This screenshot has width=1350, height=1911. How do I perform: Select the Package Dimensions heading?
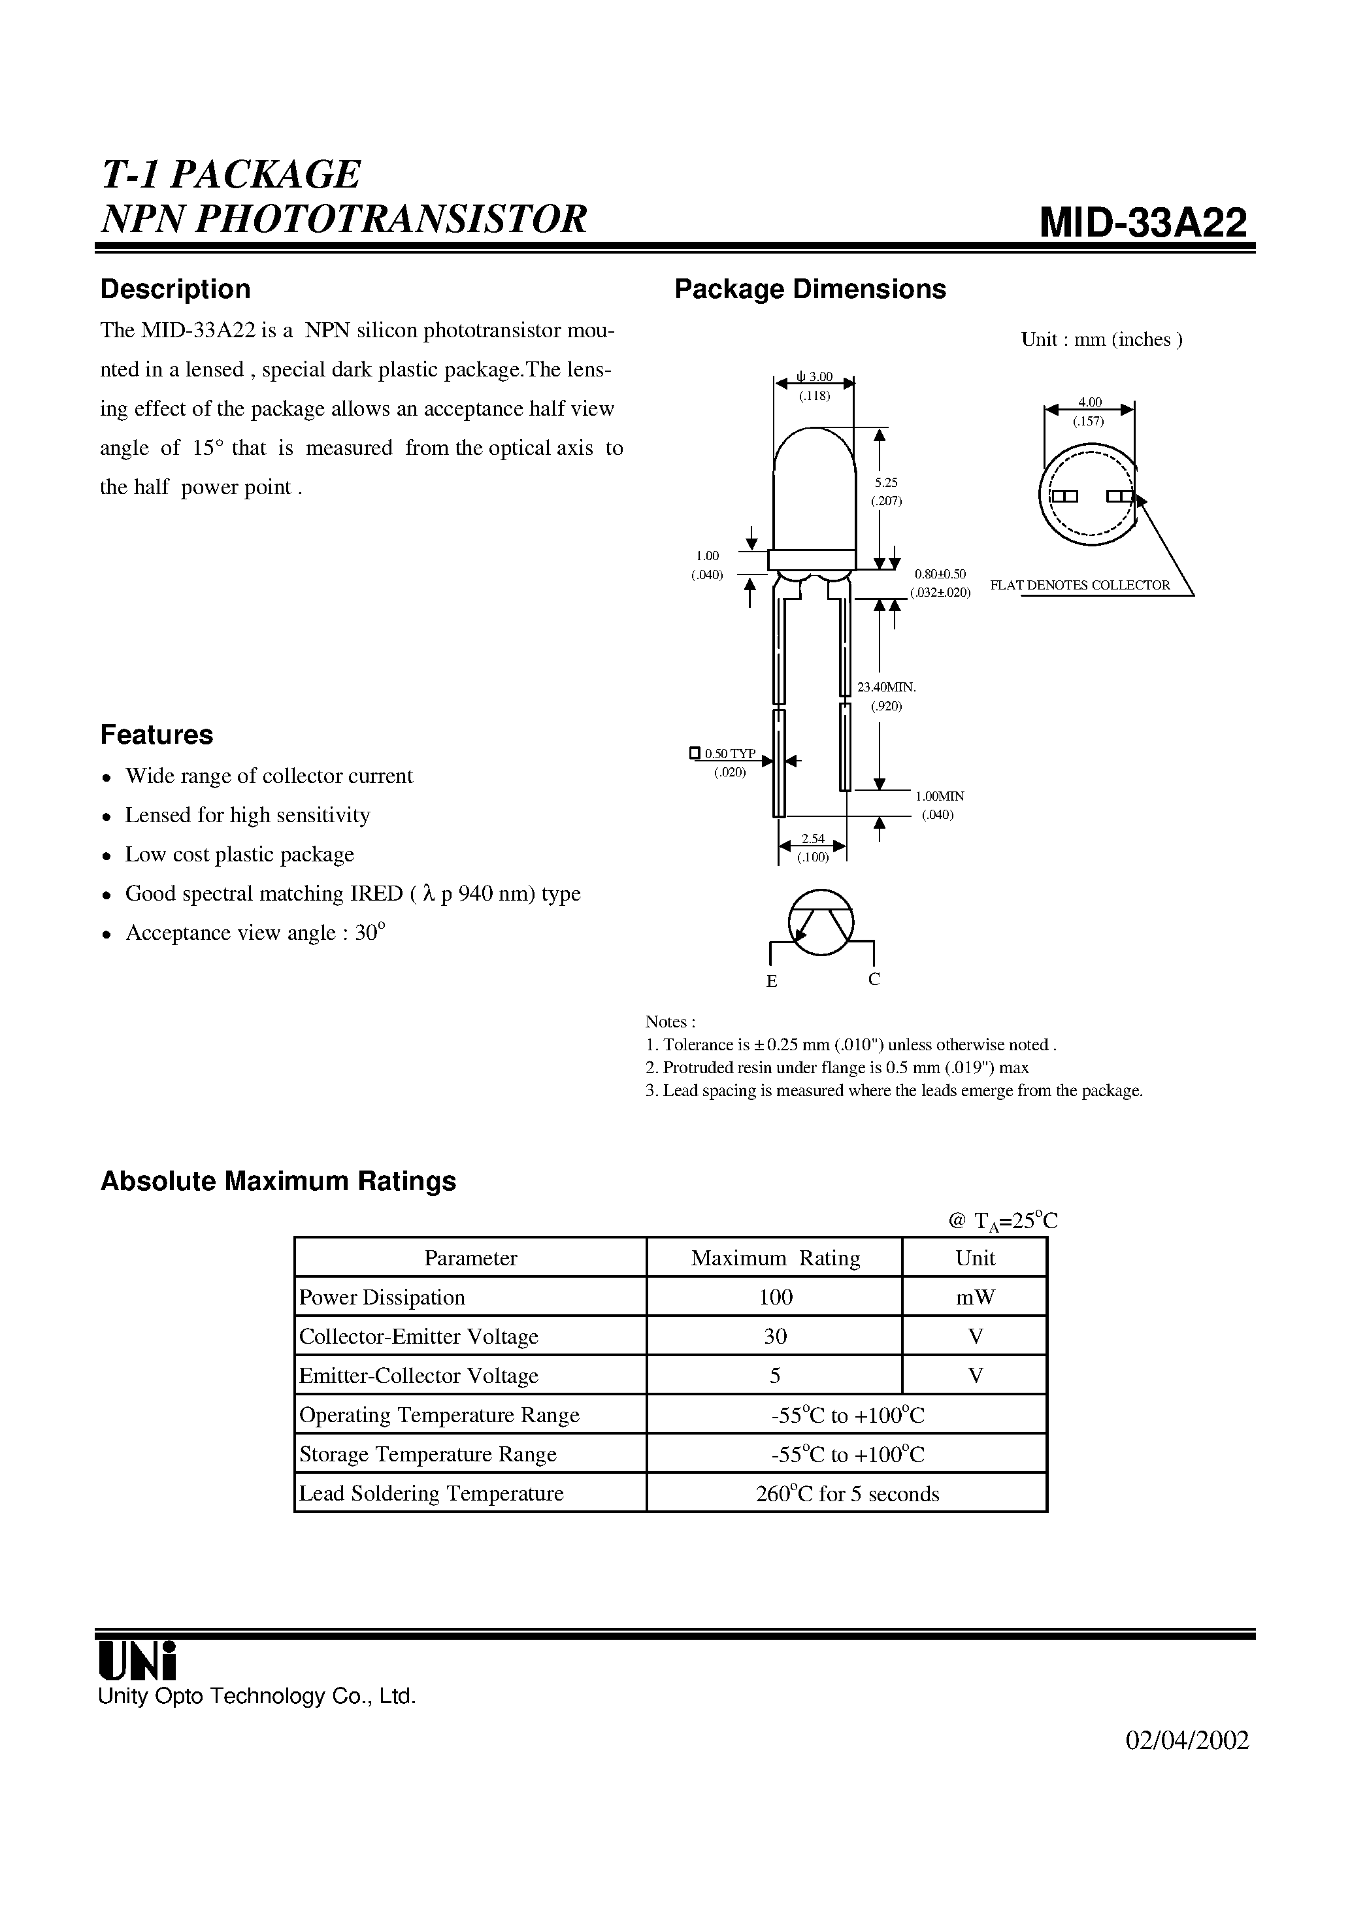click(x=809, y=289)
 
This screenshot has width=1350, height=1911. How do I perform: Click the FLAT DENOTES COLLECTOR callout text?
click(x=1079, y=585)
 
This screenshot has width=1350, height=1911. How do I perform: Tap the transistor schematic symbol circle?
click(x=821, y=921)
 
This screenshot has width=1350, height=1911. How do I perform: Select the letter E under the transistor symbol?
click(x=772, y=981)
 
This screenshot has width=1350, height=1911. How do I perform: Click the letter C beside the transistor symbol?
click(x=874, y=979)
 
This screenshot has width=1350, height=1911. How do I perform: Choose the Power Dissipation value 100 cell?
click(x=775, y=1297)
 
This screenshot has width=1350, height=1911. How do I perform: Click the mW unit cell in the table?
click(x=976, y=1297)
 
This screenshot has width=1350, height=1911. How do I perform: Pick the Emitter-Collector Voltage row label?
click(x=419, y=1376)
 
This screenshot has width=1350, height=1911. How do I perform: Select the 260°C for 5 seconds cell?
click(x=846, y=1494)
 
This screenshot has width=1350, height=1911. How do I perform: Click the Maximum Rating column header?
click(x=775, y=1259)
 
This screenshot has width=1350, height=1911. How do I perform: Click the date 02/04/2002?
click(x=1187, y=1741)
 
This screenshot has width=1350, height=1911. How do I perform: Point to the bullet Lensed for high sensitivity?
click(x=247, y=815)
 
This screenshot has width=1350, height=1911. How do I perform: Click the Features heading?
click(x=156, y=734)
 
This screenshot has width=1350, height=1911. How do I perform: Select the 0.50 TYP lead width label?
click(x=729, y=754)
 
